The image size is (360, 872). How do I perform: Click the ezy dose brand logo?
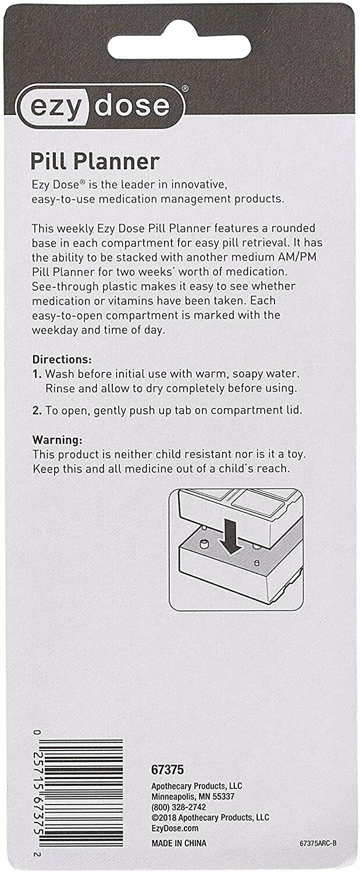[x=100, y=106]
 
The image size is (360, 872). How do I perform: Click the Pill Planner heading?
[x=95, y=162]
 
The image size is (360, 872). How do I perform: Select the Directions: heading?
[x=62, y=359]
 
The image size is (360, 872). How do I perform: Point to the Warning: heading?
[x=57, y=440]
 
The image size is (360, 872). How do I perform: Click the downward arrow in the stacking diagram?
[x=231, y=537]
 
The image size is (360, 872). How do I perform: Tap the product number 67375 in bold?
[x=167, y=770]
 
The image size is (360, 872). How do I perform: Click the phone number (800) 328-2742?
[x=179, y=807]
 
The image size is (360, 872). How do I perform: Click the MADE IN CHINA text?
[x=179, y=843]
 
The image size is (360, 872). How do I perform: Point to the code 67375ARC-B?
[x=318, y=843]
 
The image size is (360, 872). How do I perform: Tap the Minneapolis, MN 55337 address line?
[x=193, y=796]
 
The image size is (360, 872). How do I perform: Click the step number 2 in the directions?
[x=37, y=410]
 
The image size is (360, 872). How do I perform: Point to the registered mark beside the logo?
[x=185, y=88]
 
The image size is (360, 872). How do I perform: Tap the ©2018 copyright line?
[x=211, y=817]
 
